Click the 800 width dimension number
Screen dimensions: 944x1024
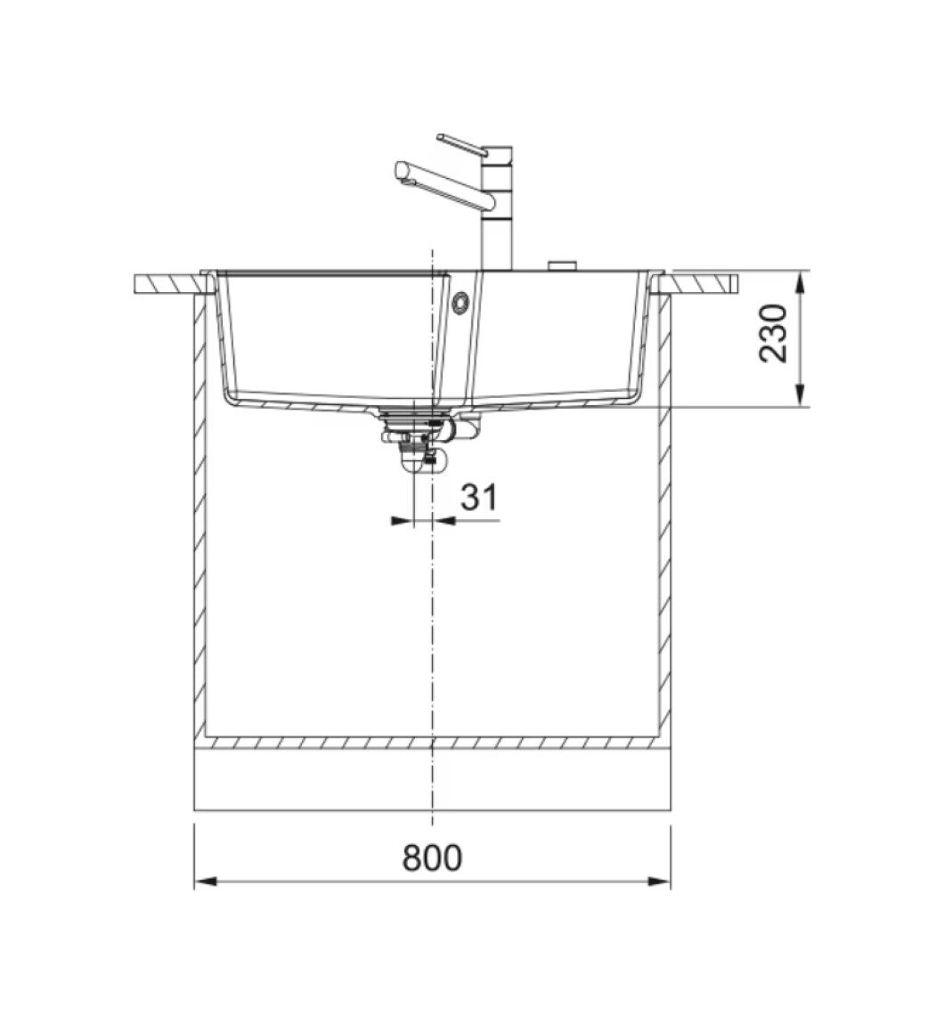432,857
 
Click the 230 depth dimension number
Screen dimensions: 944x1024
774,333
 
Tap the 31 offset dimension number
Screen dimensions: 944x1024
479,497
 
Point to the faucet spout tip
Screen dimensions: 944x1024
401,172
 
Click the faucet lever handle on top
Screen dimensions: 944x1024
462,145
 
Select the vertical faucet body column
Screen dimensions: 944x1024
497,209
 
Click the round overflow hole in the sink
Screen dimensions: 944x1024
460,303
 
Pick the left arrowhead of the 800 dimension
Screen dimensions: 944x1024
206,882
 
